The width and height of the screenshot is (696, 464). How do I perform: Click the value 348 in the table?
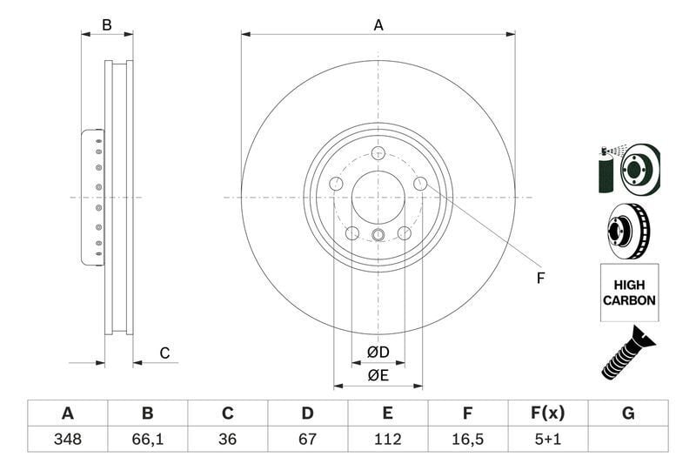67,439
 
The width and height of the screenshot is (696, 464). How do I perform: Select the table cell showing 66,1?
147,439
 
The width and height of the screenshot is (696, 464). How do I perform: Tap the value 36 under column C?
228,439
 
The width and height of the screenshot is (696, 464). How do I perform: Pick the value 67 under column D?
307,439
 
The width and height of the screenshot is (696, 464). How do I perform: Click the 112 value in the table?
388,439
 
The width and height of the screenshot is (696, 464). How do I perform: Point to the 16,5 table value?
468,439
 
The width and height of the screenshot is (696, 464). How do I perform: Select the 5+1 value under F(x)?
547,439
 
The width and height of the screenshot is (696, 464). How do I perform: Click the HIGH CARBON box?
628,293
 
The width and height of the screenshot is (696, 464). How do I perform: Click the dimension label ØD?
377,353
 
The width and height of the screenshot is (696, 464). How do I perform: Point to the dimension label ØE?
377,375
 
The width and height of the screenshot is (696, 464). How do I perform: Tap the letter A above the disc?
378,25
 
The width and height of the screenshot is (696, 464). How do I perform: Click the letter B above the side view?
106,25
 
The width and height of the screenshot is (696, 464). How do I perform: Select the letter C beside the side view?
164,353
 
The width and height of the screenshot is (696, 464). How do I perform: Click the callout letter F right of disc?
540,279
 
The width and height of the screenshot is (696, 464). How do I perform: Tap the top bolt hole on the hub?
378,153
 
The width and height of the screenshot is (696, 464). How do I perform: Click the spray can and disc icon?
628,168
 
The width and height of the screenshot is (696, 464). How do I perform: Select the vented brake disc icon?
628,231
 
